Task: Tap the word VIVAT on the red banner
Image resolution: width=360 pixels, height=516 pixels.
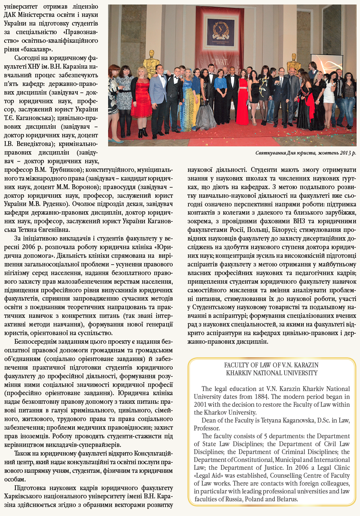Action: (x=220, y=61)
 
